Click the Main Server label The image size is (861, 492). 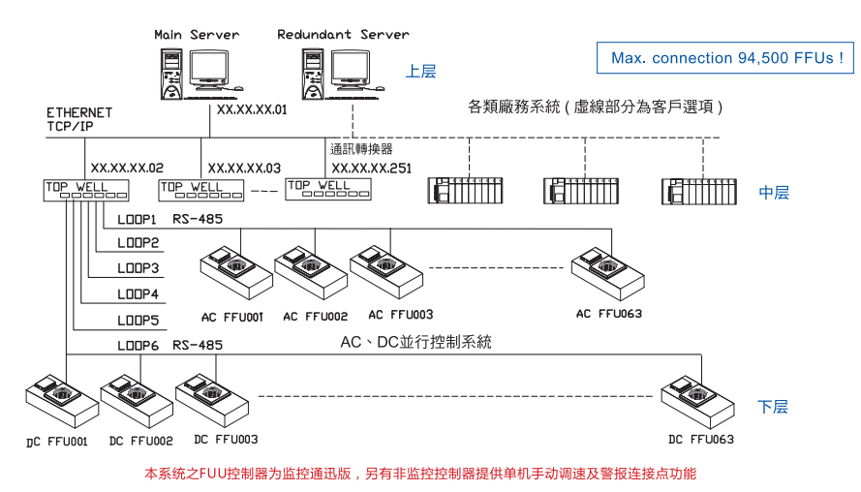[x=197, y=35]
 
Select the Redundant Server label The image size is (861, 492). [x=343, y=35]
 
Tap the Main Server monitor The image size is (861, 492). [x=210, y=70]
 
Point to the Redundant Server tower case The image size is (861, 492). [x=313, y=75]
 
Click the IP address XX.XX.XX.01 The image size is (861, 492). [x=252, y=109]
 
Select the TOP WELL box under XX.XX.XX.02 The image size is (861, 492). [x=86, y=190]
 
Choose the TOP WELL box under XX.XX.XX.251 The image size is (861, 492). [x=328, y=189]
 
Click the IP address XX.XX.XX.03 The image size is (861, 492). [x=244, y=168]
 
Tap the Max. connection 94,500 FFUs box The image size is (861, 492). [x=725, y=58]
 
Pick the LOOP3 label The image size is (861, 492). [x=138, y=268]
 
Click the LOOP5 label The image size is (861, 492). [x=138, y=321]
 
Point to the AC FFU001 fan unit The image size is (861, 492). [x=236, y=272]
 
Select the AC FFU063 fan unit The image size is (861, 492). [x=607, y=273]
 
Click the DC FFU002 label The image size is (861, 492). [x=141, y=441]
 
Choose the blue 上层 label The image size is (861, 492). [x=420, y=72]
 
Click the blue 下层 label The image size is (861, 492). [x=773, y=407]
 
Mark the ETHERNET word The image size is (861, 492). [x=79, y=112]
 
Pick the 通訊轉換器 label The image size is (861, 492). [x=361, y=149]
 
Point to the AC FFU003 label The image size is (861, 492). [x=401, y=315]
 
